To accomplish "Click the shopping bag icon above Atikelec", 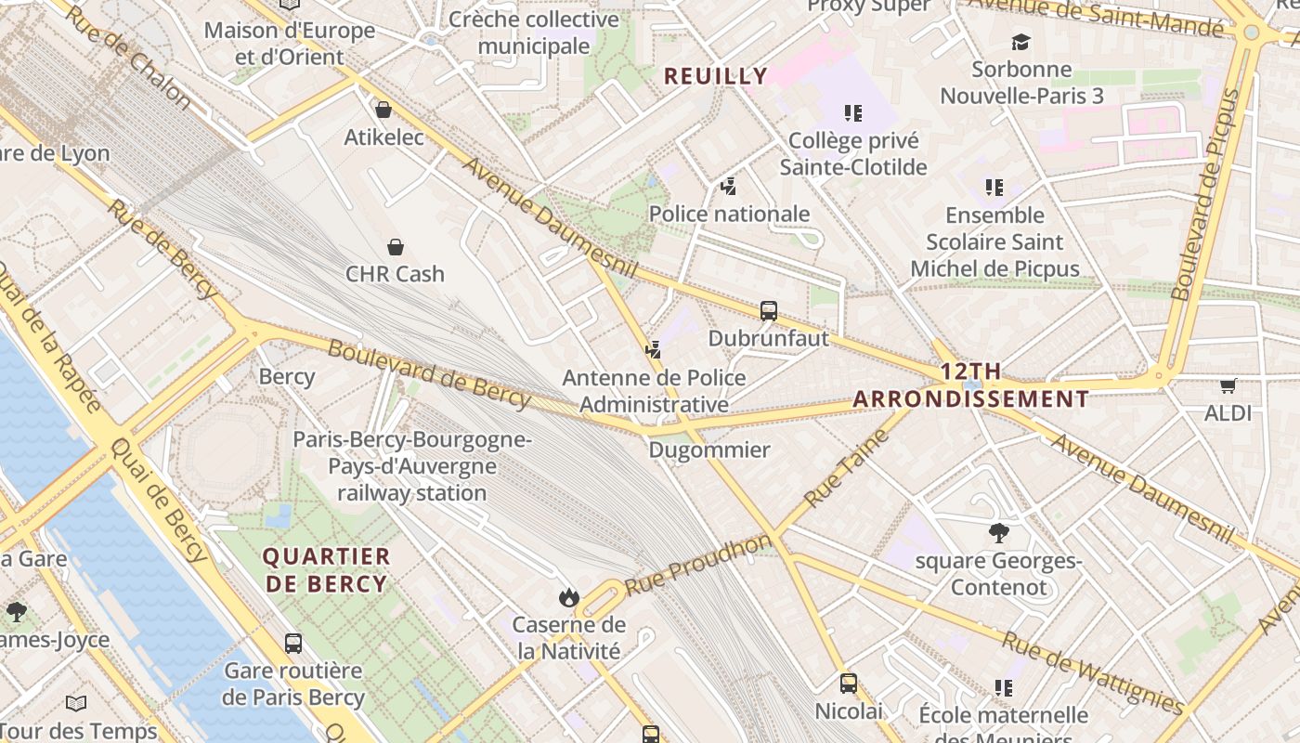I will (383, 110).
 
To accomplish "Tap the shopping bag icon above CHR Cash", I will (396, 246).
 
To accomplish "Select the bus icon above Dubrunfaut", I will (769, 311).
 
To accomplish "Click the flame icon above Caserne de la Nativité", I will (569, 597).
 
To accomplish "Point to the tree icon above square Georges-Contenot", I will (999, 533).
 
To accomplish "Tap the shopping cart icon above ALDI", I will (1228, 385).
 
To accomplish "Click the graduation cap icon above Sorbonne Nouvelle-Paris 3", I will (1021, 42).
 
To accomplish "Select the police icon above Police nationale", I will (729, 187).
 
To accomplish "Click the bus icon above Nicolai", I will (848, 684).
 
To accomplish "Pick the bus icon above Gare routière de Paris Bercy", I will (293, 643).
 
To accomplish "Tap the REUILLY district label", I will (716, 76).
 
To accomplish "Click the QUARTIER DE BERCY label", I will (325, 570).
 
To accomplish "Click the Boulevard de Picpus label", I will (1206, 195).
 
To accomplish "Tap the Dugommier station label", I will (709, 450).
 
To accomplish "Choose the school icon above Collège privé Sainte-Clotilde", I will (852, 113).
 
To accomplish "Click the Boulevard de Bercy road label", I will (429, 374).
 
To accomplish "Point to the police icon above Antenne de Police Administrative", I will (654, 350).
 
